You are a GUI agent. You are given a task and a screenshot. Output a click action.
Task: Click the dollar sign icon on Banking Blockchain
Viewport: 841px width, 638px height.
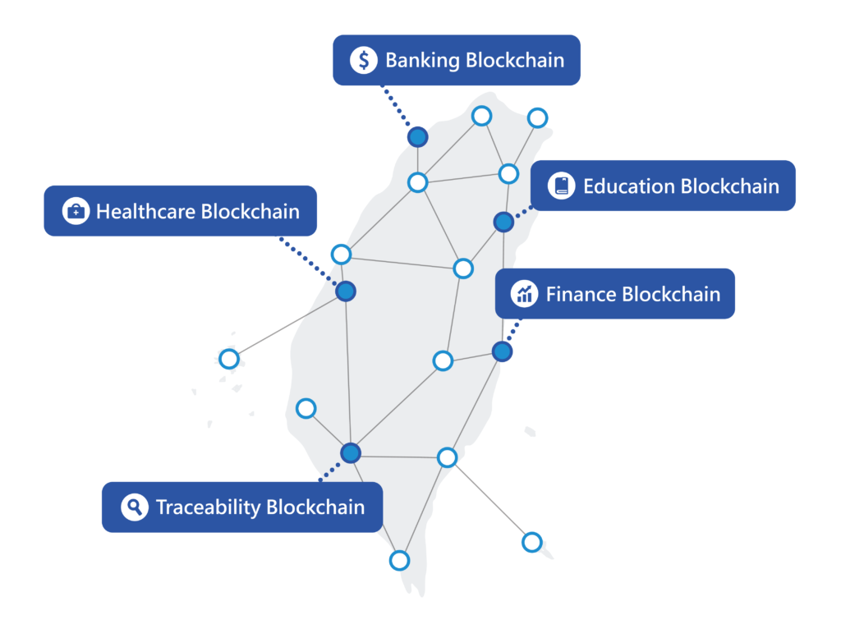(363, 60)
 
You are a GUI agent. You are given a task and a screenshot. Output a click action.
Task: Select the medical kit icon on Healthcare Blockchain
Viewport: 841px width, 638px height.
(76, 211)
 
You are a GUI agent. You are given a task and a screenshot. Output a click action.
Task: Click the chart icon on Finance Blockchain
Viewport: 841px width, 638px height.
(524, 293)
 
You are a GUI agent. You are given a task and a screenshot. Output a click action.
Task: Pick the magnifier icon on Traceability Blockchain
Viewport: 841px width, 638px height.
(134, 507)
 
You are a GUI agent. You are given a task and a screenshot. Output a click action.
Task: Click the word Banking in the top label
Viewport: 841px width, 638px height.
(422, 60)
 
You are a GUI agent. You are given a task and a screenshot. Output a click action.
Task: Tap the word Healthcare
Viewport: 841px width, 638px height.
(145, 211)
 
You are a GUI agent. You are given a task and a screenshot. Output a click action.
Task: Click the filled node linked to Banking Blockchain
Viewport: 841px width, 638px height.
(418, 137)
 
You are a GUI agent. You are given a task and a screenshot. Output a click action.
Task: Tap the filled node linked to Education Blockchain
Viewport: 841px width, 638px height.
(503, 222)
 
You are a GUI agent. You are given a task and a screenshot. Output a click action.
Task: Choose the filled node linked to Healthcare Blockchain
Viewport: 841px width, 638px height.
(346, 291)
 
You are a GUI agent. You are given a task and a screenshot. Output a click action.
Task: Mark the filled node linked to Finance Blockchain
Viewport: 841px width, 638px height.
(502, 351)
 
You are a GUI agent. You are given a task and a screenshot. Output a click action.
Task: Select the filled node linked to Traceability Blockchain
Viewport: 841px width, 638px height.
(351, 452)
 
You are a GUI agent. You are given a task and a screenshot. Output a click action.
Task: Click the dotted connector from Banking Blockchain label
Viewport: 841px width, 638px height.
(398, 109)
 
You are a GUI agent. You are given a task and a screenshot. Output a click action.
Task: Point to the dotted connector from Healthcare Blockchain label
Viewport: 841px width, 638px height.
(311, 263)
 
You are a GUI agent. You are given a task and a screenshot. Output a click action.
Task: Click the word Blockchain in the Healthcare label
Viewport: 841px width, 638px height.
(250, 211)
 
